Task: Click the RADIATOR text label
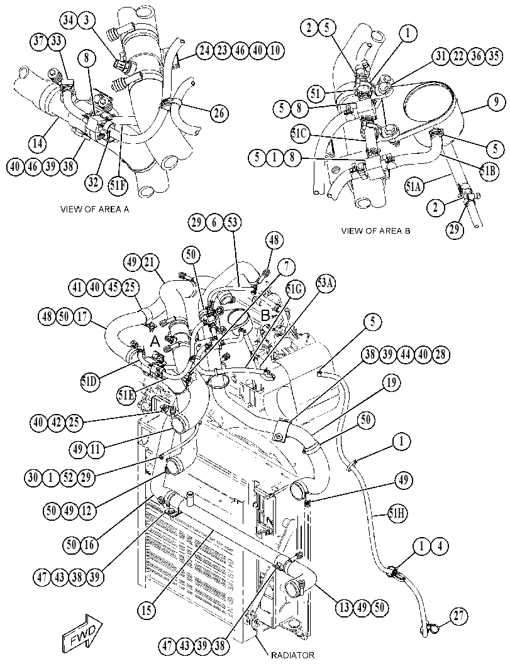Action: point(293,655)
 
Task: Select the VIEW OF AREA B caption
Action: point(375,231)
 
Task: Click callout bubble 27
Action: point(458,616)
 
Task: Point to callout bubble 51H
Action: point(397,514)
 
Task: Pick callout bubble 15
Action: point(147,610)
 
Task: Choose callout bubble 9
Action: point(496,102)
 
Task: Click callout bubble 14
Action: point(38,143)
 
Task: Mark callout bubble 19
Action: point(391,383)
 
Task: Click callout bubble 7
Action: point(287,267)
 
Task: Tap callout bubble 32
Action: point(93,182)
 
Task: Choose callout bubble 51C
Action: point(301,134)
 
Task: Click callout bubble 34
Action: point(70,20)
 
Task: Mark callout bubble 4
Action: point(440,547)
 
